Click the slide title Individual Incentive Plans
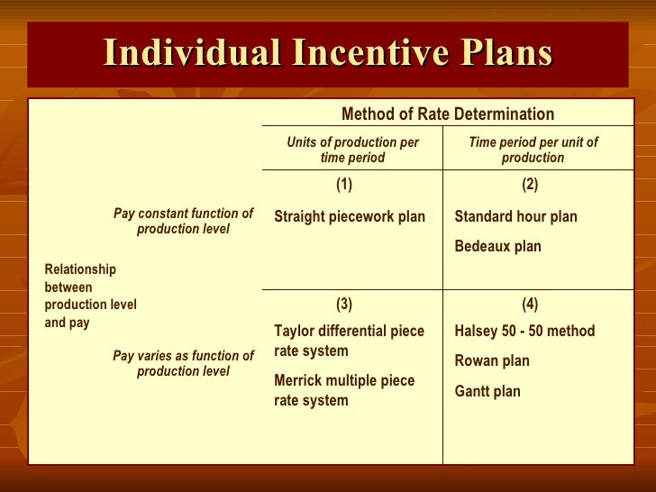(327, 52)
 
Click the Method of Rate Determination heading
(447, 114)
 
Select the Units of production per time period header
(352, 150)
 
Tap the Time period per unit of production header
(533, 150)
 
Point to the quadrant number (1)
(344, 185)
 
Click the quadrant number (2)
(530, 185)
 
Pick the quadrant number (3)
(344, 305)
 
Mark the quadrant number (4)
(530, 305)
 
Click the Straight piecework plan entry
(350, 216)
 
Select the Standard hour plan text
(515, 216)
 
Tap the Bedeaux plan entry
(497, 246)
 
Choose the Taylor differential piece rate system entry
(349, 341)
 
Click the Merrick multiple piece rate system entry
(344, 390)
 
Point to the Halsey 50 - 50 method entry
(524, 331)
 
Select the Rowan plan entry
(492, 361)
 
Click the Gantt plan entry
(488, 392)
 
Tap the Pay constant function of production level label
(183, 222)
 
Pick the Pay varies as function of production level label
(183, 363)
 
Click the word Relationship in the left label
(80, 269)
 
